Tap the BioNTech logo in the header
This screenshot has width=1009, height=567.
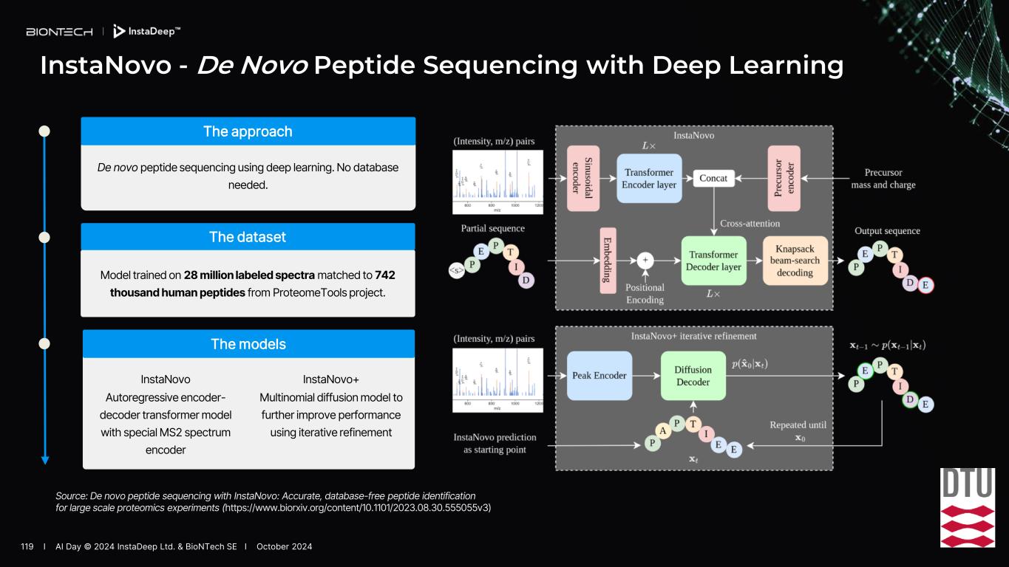point(59,32)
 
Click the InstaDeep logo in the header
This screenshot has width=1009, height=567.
point(146,32)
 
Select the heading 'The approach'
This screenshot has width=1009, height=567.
point(248,131)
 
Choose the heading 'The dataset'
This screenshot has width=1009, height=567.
point(248,237)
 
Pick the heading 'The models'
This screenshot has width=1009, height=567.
point(248,344)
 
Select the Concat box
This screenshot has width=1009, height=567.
point(713,178)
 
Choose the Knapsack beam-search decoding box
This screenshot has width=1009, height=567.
point(795,261)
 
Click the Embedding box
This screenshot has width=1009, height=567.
point(608,261)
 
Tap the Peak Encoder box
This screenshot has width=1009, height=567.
point(600,375)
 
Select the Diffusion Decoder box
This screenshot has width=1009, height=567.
point(693,375)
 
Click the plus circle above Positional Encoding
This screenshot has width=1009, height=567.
point(645,261)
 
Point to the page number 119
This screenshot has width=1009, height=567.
point(28,546)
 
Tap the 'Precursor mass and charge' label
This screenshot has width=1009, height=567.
point(883,179)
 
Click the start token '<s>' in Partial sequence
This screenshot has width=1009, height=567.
point(457,271)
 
